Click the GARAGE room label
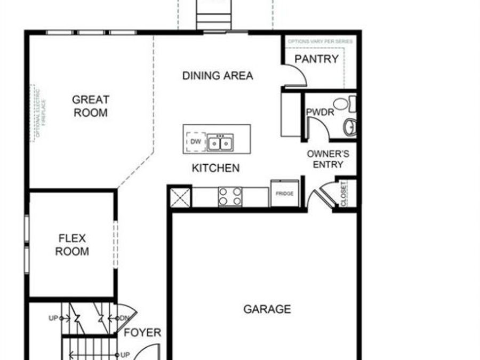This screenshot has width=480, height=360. (267, 309)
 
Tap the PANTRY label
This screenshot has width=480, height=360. (317, 59)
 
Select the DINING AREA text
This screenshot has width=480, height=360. (218, 76)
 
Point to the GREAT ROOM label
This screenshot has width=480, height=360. (91, 106)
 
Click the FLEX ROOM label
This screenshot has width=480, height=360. (72, 245)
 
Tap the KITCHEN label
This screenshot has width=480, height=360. (215, 168)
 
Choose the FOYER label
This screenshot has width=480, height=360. (142, 333)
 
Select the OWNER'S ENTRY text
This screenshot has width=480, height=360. (328, 159)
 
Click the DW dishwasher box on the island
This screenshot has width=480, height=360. (196, 142)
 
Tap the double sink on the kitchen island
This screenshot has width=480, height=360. (220, 142)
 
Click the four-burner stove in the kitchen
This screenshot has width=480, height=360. (230, 196)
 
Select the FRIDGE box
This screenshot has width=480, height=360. (284, 194)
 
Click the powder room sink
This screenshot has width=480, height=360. (350, 127)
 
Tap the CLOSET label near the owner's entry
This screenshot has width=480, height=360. (343, 194)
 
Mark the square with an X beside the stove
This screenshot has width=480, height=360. (180, 197)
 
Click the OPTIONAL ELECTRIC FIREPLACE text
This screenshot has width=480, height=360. (40, 112)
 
